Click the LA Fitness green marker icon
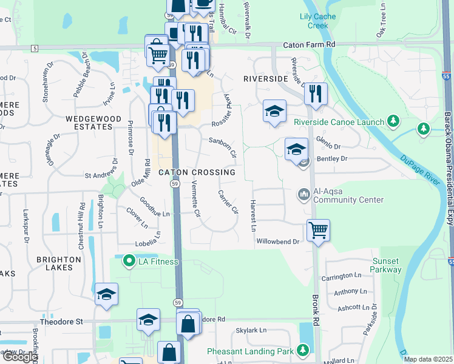[129, 261]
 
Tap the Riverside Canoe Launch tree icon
[393, 121]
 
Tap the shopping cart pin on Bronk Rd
[318, 231]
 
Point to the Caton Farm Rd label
[310, 45]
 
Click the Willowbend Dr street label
[279, 241]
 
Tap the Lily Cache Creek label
[314, 21]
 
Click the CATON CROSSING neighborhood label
[197, 172]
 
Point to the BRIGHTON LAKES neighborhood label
[59, 263]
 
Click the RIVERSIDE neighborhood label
[265, 79]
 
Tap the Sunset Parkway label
[385, 265]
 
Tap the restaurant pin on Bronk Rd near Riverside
[316, 93]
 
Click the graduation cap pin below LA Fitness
[106, 295]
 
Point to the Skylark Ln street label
[251, 330]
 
